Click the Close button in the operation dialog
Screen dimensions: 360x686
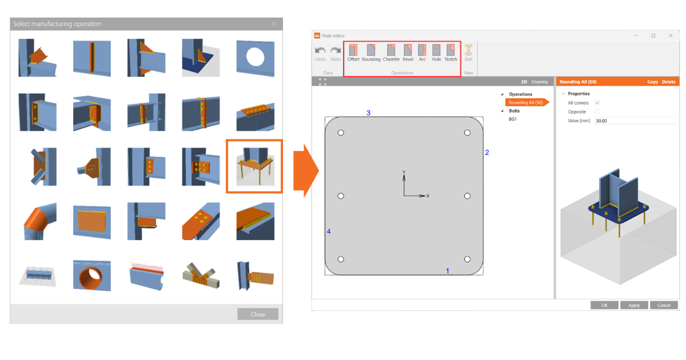[x=258, y=314]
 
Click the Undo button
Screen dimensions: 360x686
[x=320, y=53]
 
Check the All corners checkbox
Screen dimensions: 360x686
[x=597, y=103]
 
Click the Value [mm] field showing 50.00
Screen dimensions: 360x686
[x=635, y=121]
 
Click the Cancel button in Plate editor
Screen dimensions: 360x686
[x=664, y=305]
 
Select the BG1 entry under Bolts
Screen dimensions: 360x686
[x=513, y=119]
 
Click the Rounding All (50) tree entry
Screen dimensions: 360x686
[x=525, y=103]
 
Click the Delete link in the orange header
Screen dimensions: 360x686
[x=668, y=82]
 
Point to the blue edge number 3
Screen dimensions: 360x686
[x=368, y=113]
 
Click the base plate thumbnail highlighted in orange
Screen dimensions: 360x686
[x=254, y=166]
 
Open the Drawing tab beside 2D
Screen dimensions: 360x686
[x=540, y=82]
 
